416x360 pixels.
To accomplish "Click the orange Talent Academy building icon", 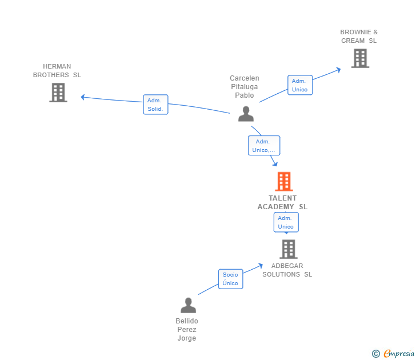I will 284,182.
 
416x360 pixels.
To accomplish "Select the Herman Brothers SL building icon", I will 58,93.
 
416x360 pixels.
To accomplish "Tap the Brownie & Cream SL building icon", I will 360,58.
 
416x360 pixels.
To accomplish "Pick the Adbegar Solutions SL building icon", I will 289,249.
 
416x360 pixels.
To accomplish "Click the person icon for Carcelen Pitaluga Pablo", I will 246,114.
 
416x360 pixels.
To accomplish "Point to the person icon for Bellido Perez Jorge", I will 188,306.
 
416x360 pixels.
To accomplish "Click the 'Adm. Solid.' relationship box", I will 155,105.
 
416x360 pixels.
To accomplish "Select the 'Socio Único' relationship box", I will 230,279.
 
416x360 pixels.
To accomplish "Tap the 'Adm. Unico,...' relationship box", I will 263,146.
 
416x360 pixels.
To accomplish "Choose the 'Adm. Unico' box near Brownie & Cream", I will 300,85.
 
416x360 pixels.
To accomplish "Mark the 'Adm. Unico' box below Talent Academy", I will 286,222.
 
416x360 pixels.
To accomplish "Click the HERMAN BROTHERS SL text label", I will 57,71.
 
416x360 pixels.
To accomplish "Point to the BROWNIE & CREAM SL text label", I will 359,37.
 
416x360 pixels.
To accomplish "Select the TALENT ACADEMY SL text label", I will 282,202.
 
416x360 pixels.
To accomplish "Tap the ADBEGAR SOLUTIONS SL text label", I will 287,270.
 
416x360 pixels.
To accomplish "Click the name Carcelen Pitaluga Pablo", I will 245,87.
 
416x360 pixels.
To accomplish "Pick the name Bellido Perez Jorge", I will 187,330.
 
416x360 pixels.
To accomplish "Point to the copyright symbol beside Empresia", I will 376,354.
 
